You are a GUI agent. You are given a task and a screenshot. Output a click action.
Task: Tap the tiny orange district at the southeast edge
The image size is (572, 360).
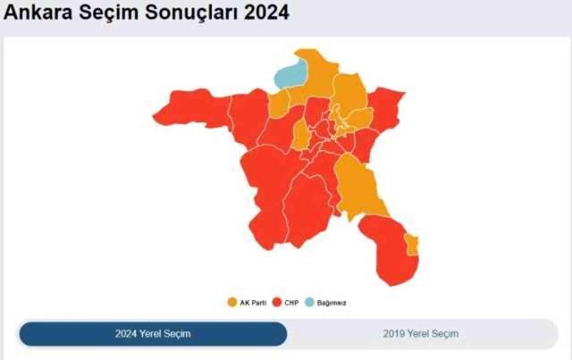pos(411,244)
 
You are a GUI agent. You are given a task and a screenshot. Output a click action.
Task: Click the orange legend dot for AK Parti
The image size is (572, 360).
pos(232,303)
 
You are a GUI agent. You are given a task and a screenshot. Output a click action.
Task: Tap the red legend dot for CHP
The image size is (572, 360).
pos(277,303)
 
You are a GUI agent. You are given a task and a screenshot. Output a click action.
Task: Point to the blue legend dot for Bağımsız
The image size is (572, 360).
pos(309,303)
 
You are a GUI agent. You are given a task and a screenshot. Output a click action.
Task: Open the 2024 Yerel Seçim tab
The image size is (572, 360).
pos(153,334)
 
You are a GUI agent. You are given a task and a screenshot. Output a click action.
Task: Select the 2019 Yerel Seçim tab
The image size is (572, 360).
pos(421,334)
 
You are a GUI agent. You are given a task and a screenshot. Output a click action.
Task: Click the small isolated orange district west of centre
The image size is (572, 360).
pos(302,137)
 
